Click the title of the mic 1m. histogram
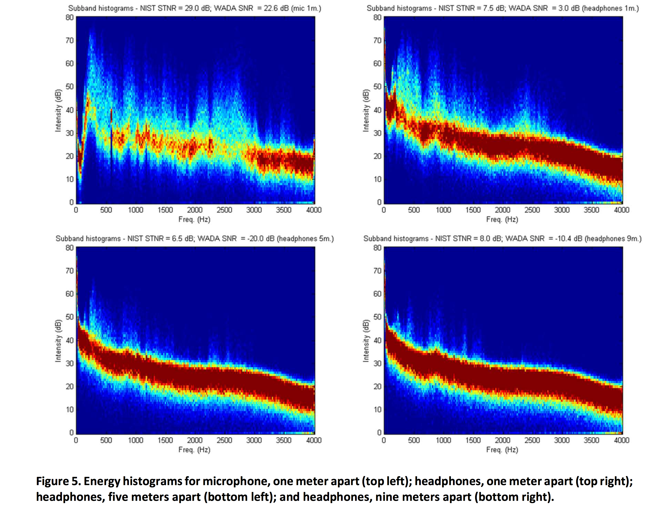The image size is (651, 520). [x=194, y=8]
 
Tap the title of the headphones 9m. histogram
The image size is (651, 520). [x=502, y=239]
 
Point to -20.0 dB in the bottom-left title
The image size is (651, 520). [x=261, y=239]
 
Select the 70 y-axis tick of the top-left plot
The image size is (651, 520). [x=69, y=40]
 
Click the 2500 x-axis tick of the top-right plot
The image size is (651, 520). [x=532, y=210]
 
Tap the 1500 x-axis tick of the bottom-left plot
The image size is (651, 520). [x=165, y=440]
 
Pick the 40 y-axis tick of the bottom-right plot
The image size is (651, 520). [x=377, y=340]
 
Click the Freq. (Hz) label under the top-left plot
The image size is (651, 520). [x=194, y=219]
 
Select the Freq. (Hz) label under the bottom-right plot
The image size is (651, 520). [x=502, y=450]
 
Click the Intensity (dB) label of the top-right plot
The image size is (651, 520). [x=366, y=110]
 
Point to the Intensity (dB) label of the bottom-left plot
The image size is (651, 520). [x=58, y=341]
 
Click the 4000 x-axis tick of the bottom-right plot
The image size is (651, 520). [x=621, y=440]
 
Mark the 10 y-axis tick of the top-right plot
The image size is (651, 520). [x=377, y=179]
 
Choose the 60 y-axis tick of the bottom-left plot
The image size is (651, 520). [x=69, y=294]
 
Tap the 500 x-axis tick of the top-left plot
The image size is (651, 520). [x=106, y=210]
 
